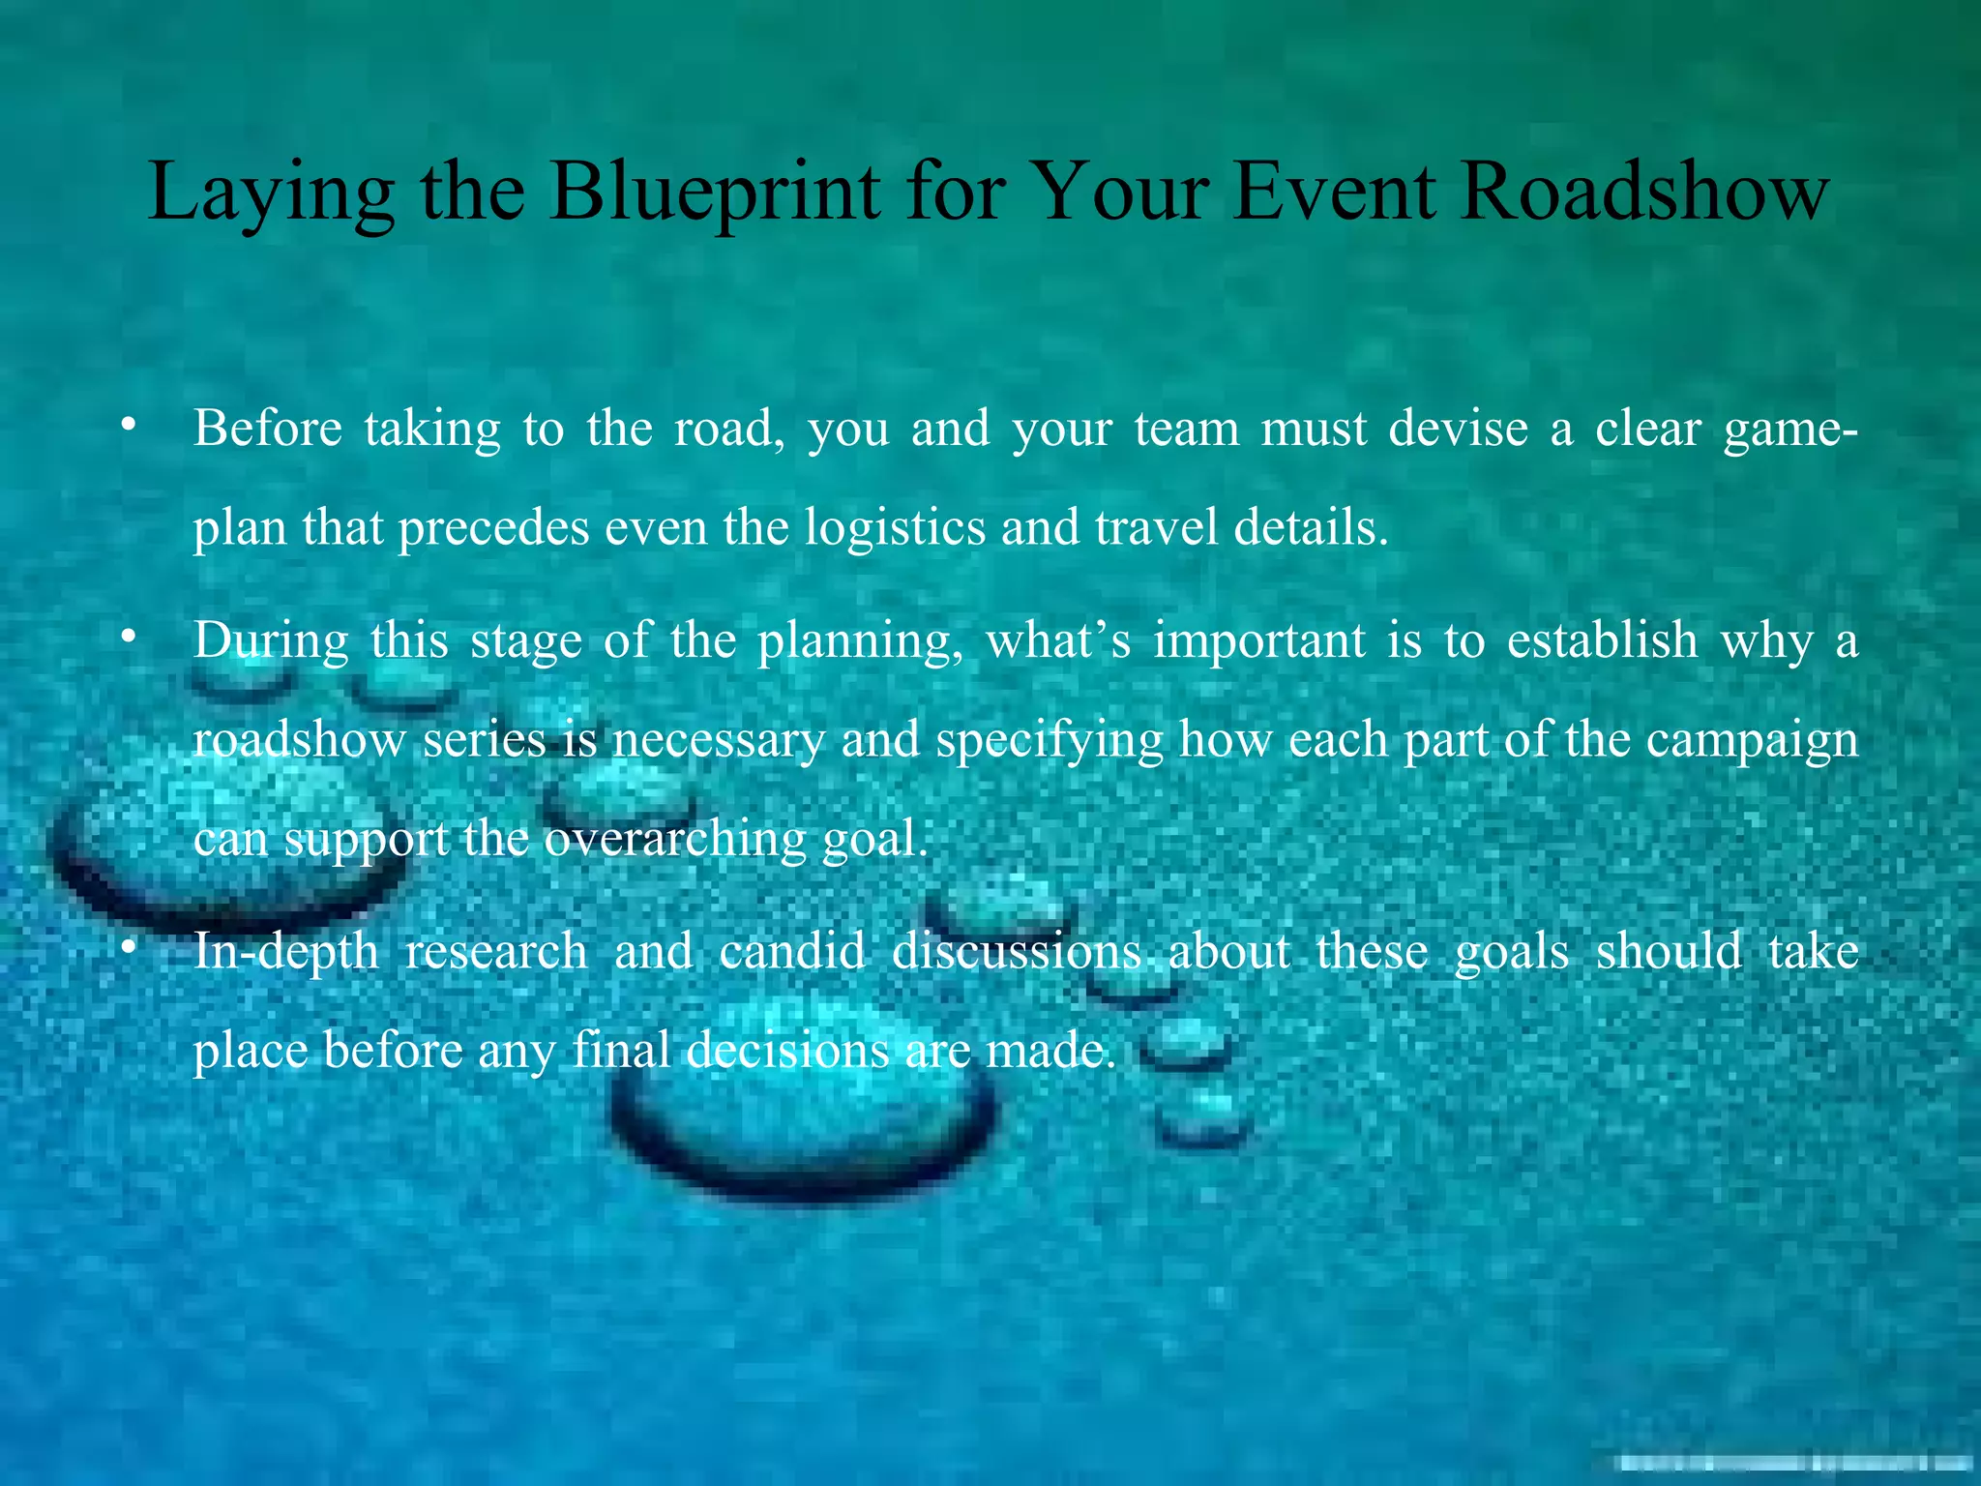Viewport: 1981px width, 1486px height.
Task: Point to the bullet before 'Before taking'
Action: [127, 426]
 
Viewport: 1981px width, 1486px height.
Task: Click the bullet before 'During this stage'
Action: [127, 639]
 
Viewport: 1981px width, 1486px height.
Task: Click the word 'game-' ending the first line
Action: [1789, 430]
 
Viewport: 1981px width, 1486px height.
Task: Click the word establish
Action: [1602, 640]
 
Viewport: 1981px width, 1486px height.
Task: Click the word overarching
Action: [674, 840]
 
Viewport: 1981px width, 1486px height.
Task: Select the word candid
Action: [792, 951]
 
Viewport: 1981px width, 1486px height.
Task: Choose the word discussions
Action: [1017, 951]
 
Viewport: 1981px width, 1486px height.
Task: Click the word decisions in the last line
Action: [787, 1051]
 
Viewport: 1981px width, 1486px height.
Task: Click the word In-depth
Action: [285, 951]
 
